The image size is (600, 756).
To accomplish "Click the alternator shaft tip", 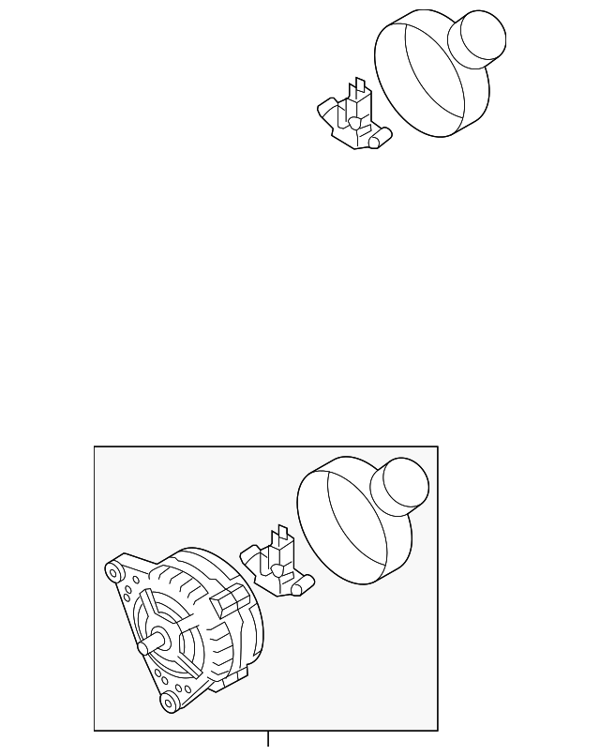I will coord(142,647).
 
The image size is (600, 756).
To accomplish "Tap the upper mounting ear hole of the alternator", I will coord(114,569).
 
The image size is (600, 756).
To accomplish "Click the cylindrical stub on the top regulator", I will coord(379,141).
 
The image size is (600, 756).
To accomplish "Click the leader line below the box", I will coord(268,742).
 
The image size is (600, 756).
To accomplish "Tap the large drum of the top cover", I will coord(422,80).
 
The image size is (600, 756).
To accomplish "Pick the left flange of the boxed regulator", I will coord(250,557).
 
